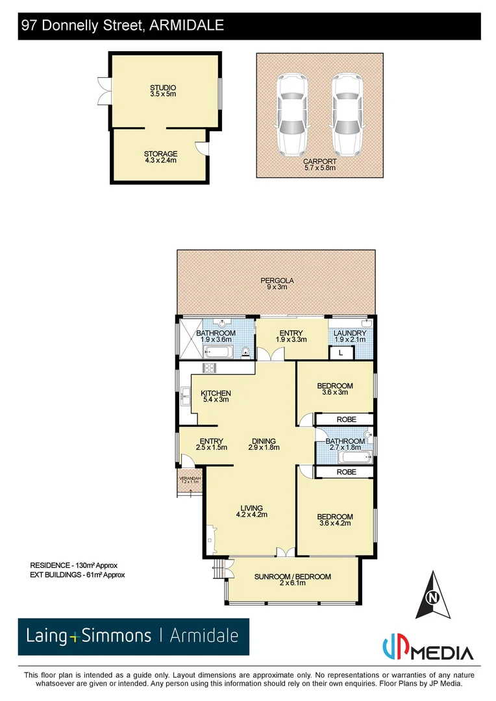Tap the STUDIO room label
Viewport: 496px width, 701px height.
pyautogui.click(x=163, y=91)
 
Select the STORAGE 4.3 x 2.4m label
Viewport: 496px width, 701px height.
pyautogui.click(x=160, y=157)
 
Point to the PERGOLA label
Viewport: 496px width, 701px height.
pyautogui.click(x=277, y=284)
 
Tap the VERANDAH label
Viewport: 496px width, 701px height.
pyautogui.click(x=190, y=480)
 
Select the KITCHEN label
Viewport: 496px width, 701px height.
pyautogui.click(x=216, y=397)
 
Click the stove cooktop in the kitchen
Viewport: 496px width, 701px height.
pyautogui.click(x=210, y=369)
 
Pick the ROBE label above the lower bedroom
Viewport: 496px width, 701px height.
pyautogui.click(x=346, y=472)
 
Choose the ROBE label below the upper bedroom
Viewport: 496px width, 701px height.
pyautogui.click(x=346, y=420)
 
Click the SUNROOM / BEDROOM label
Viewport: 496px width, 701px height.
pyautogui.click(x=292, y=579)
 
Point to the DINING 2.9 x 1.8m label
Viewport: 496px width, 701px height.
pyautogui.click(x=263, y=444)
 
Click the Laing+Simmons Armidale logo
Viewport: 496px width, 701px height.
pyautogui.click(x=133, y=636)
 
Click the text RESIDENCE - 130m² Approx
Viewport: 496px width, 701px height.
pyautogui.click(x=73, y=565)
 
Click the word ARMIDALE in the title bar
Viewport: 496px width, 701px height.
pyautogui.click(x=186, y=25)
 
